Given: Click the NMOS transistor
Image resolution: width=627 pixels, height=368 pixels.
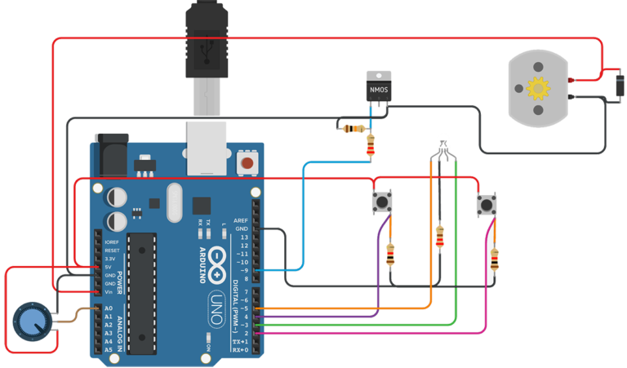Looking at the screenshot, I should tap(377, 87).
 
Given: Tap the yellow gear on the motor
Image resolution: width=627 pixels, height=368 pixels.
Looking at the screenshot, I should tap(537, 87).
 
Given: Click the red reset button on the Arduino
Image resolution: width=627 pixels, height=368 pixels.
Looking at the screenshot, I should tap(245, 164).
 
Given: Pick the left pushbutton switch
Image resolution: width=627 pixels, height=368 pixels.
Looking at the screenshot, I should tap(381, 202).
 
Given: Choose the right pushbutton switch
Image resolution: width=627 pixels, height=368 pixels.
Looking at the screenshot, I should tap(487, 202).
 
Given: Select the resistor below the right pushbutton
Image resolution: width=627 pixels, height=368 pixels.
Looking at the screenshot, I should tap(495, 259).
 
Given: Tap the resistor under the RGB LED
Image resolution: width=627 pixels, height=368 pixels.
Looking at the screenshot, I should tap(441, 237).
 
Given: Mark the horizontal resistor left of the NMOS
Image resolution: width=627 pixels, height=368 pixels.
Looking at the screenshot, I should tap(354, 128).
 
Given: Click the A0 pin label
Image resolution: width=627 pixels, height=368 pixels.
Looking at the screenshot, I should tap(109, 308).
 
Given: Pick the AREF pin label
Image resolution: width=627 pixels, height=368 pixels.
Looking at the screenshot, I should tap(240, 220).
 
